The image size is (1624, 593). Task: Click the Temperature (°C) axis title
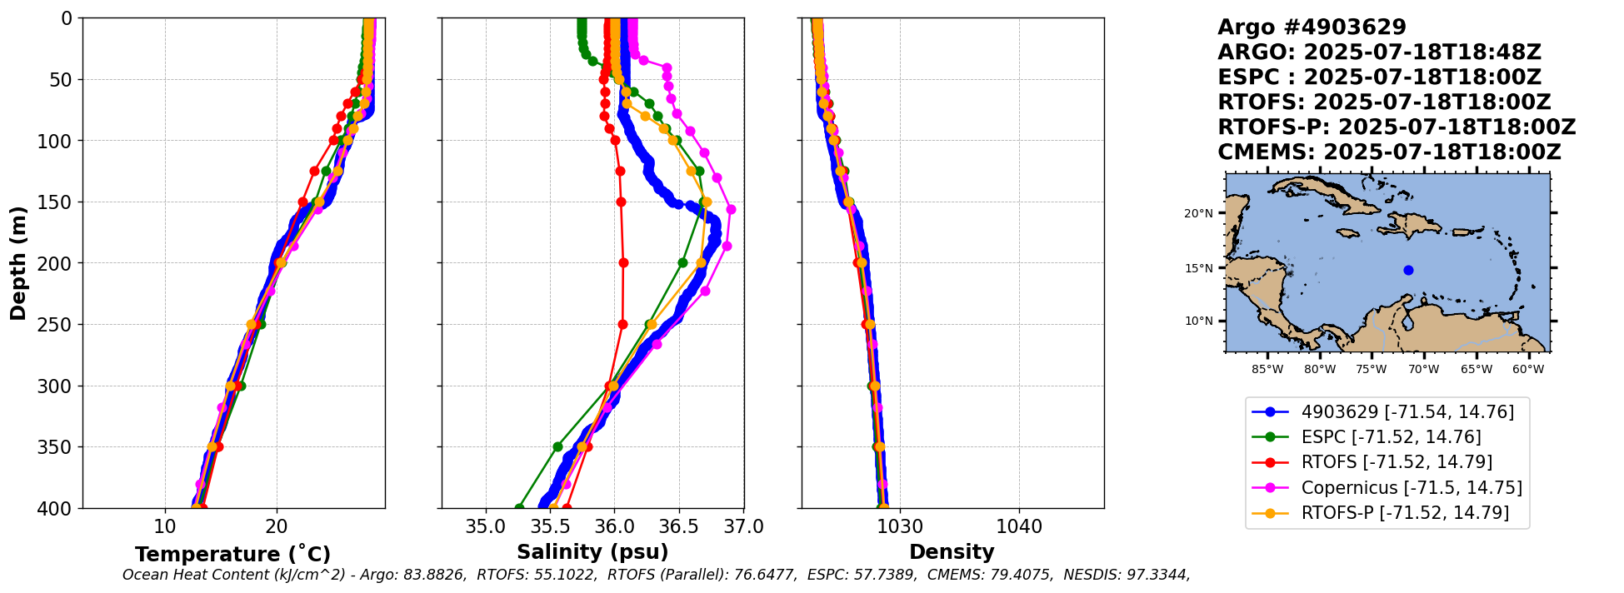pos(232,554)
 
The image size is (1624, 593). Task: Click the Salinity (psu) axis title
pos(592,552)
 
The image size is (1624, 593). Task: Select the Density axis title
pos(952,552)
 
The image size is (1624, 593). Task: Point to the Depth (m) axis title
pos(17,263)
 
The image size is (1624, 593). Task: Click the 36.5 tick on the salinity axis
pos(679,527)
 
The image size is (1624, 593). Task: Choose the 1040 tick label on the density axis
pos(1019,527)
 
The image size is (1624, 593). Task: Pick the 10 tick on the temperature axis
pos(165,527)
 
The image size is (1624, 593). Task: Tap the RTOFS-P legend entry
pos(1405,513)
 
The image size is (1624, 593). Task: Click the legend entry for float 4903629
pos(1407,411)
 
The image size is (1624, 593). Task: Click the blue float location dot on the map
pos(1408,270)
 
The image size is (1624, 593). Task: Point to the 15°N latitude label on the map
pos(1198,268)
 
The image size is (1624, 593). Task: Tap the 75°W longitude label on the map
pos(1372,369)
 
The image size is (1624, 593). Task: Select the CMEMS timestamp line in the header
pos(1389,152)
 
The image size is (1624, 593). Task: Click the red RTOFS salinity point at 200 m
pos(623,263)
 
